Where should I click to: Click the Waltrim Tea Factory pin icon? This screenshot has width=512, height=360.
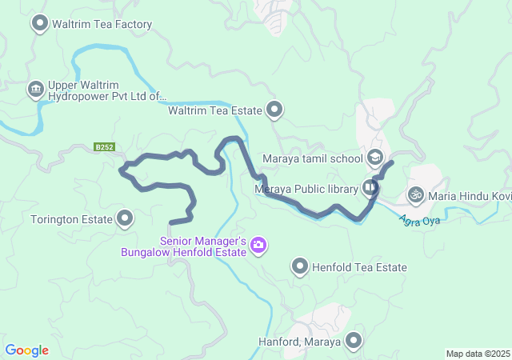(x=39, y=24)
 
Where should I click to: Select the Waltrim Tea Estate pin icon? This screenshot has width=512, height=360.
(x=275, y=110)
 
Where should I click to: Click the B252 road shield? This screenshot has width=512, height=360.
(x=104, y=147)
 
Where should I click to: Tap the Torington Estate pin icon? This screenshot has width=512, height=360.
(x=126, y=218)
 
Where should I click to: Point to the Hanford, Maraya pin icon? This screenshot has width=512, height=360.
(x=353, y=342)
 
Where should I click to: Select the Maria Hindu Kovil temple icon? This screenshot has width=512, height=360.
(x=415, y=194)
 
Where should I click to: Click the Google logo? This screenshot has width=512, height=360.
(x=27, y=350)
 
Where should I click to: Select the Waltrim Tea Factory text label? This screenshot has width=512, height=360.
(x=102, y=24)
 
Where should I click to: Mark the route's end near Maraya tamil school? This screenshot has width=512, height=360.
(x=390, y=163)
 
